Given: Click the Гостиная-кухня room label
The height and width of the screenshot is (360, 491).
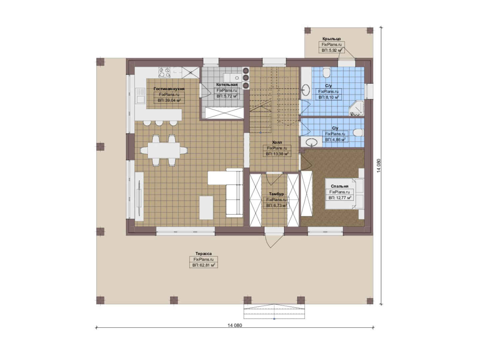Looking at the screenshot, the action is point(169,89).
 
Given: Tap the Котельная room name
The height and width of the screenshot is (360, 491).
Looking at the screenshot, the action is point(227,84).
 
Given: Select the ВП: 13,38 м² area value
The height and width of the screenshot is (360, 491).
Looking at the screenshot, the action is point(277,154).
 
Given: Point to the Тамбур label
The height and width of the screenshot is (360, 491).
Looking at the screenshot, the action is point(276,194).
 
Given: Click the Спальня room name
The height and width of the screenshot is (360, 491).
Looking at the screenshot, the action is point(339,186).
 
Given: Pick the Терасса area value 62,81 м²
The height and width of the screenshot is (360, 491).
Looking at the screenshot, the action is point(204,265).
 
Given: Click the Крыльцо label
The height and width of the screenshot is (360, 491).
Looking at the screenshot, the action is point(332,39).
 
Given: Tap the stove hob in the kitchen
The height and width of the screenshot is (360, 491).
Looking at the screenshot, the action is point(165,72).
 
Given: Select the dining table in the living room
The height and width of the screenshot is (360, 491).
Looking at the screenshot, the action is point(164,150).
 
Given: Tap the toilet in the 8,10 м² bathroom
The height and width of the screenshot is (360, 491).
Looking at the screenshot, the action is point(326,72).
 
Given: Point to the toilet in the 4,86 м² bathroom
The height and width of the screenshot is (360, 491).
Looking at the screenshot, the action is point(358,133).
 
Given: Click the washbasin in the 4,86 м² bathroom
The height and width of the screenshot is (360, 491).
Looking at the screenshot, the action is point(311,142).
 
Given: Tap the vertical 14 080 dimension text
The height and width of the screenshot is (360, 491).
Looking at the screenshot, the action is point(379,166).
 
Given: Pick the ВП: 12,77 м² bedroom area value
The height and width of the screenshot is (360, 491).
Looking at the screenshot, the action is point(340,198).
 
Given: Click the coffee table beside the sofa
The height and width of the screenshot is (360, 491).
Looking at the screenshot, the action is point(206,208).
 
